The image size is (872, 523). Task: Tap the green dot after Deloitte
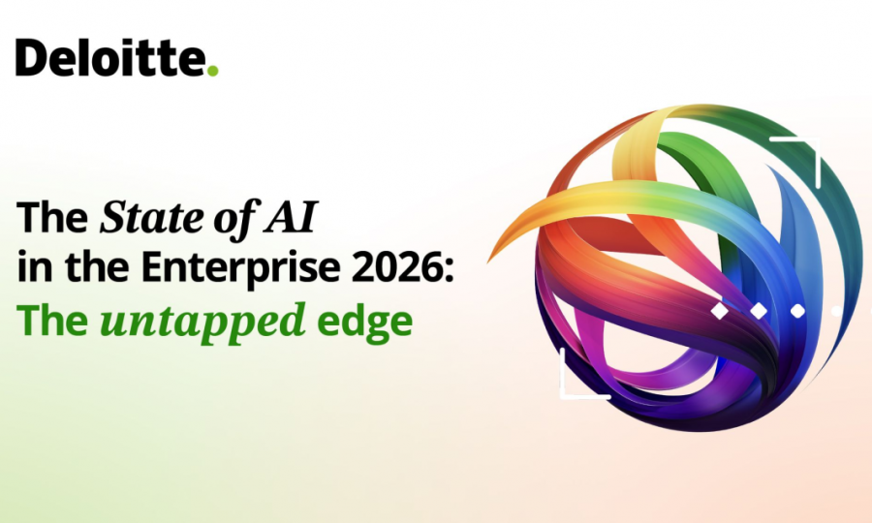click(x=212, y=70)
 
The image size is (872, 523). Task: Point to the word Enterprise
click(x=240, y=267)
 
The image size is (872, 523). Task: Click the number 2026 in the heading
click(x=396, y=267)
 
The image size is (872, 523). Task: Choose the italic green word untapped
click(x=202, y=322)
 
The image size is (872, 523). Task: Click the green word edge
click(x=364, y=322)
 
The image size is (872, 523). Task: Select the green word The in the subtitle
click(x=52, y=320)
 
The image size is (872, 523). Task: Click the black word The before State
click(x=52, y=217)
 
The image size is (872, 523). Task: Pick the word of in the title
click(x=235, y=218)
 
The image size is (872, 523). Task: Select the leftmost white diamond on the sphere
click(x=720, y=311)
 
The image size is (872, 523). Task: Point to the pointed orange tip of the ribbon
click(x=490, y=259)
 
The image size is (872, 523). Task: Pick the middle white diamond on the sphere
click(x=759, y=311)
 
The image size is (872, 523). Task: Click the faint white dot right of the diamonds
click(x=836, y=311)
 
